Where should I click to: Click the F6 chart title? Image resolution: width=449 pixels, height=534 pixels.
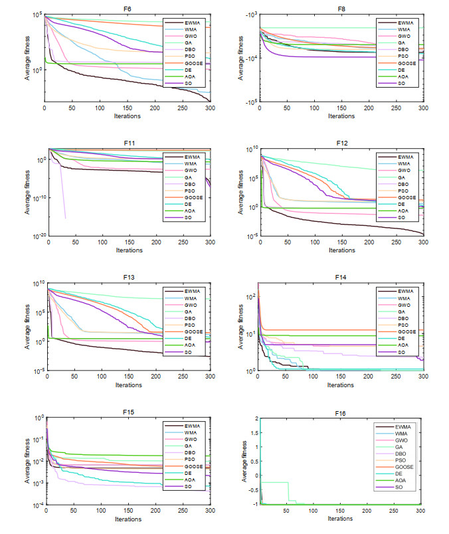click(x=127, y=9)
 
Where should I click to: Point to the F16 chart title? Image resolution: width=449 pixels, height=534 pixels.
click(x=341, y=412)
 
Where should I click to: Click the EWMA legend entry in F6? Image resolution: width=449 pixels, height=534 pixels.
click(x=193, y=23)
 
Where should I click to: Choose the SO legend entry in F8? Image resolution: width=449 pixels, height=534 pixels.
click(x=402, y=84)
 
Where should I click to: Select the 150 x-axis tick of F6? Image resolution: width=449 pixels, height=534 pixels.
click(x=127, y=108)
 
